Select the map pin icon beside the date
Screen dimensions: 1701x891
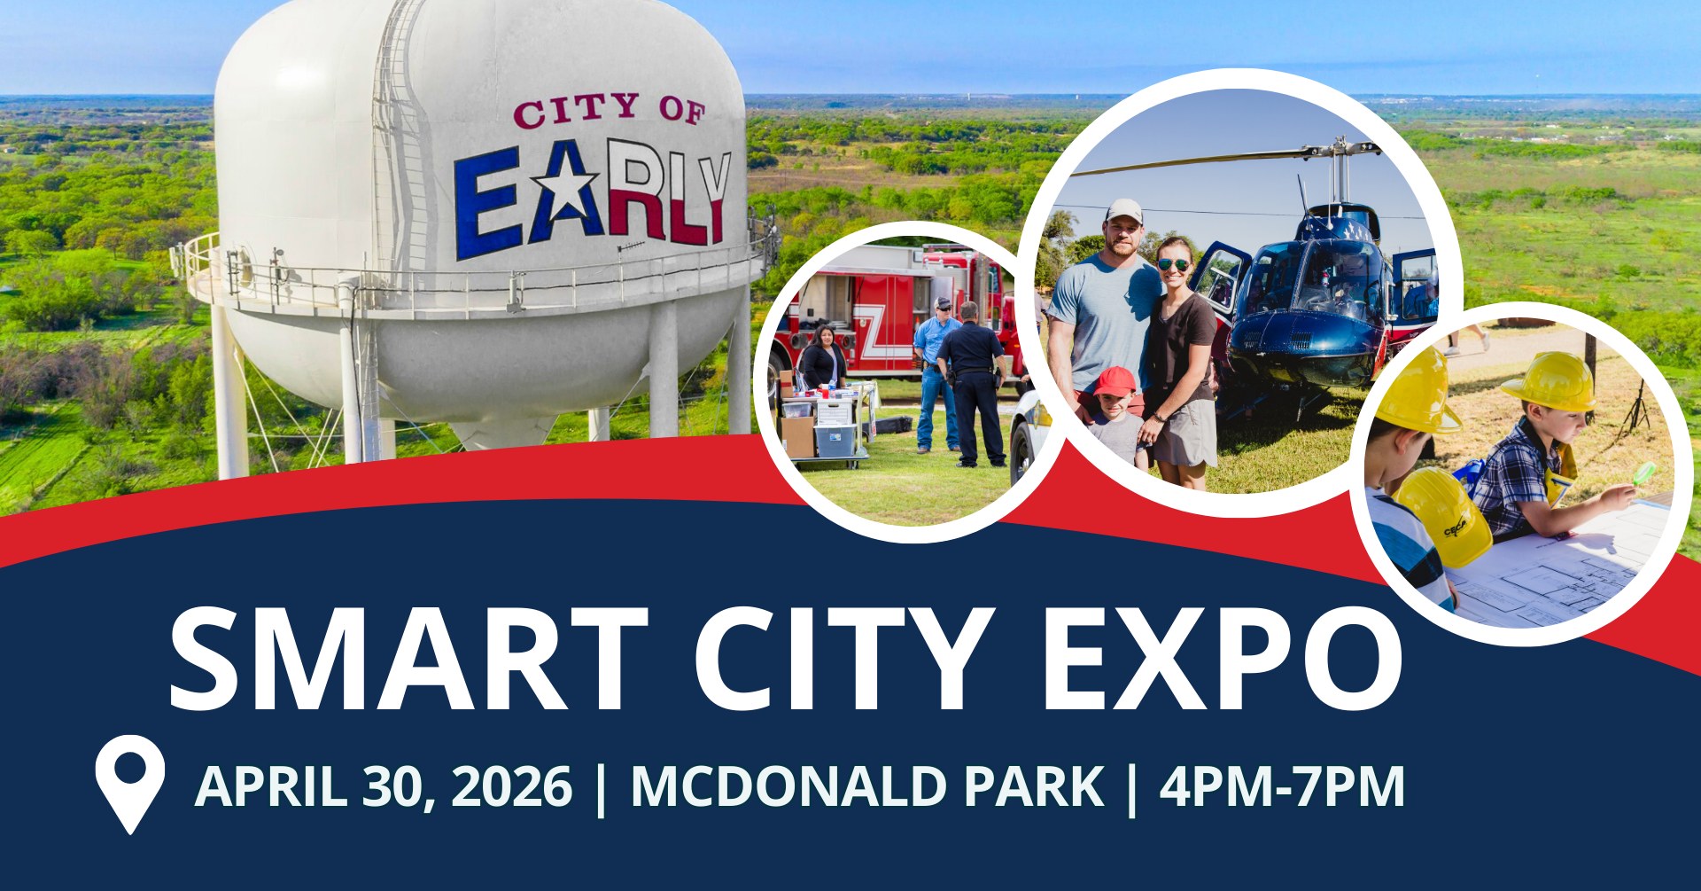click(x=130, y=784)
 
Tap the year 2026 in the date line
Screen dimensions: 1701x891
click(x=512, y=785)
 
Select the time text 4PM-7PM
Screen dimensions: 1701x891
click(x=1282, y=785)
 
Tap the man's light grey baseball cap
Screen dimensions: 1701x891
click(x=1124, y=211)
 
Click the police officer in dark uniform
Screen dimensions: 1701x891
click(x=973, y=383)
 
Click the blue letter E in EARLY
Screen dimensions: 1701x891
click(x=487, y=204)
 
